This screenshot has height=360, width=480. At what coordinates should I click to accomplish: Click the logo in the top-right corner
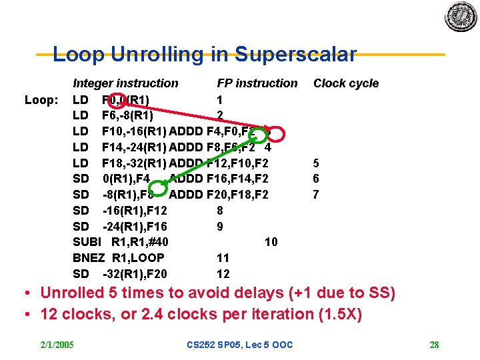(x=461, y=16)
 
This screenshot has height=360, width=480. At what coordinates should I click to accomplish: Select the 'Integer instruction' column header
(x=125, y=83)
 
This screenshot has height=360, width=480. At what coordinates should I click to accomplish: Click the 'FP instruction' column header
(x=257, y=83)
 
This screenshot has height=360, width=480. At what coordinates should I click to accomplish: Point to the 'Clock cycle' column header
(x=346, y=83)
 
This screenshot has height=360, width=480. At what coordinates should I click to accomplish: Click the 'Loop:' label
(x=41, y=100)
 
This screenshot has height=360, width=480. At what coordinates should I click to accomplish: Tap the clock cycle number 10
(x=271, y=242)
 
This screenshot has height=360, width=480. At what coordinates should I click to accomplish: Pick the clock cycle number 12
(x=223, y=273)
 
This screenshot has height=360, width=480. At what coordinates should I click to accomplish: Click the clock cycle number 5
(x=316, y=163)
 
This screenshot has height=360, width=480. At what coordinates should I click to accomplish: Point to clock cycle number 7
(x=316, y=195)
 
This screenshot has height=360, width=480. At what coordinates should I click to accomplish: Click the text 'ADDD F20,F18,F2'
(x=219, y=195)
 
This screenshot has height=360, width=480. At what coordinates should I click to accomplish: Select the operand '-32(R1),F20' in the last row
(x=135, y=273)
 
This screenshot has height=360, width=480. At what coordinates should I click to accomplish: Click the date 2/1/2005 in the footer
(x=57, y=345)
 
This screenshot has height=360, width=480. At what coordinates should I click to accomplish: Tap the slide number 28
(x=434, y=345)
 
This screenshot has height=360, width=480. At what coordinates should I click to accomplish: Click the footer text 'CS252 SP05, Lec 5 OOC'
(x=240, y=345)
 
